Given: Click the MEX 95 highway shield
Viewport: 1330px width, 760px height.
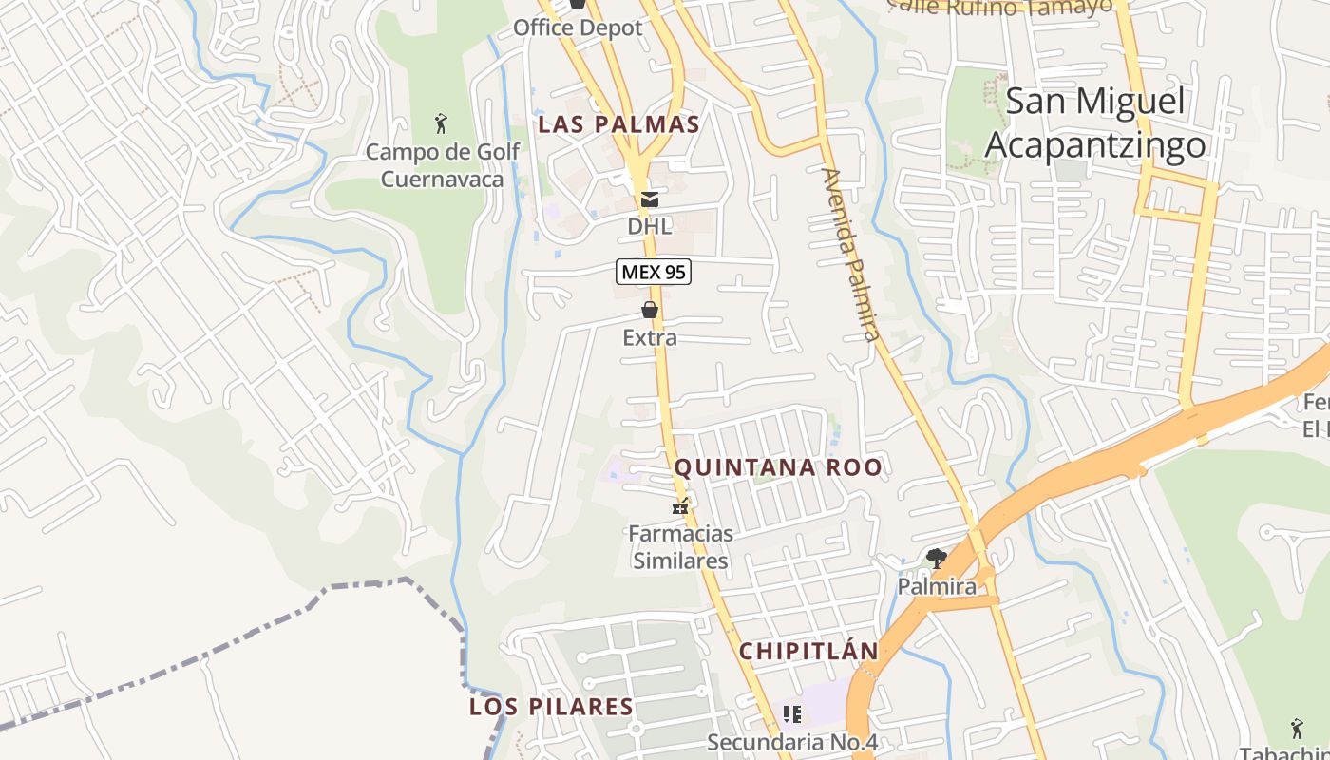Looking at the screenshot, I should (x=654, y=273).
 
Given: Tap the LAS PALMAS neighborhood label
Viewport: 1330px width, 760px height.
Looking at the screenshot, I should (x=619, y=124).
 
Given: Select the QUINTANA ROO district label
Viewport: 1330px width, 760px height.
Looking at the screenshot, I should (x=778, y=467).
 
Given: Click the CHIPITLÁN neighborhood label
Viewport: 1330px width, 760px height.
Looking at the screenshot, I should (x=808, y=652).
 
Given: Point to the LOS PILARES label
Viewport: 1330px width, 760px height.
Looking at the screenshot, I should (x=551, y=707).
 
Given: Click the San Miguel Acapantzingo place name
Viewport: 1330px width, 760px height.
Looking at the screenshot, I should (x=1095, y=123).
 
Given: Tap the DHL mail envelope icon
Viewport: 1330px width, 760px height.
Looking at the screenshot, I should (x=650, y=199).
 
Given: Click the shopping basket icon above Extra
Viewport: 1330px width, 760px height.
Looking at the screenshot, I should (x=650, y=310).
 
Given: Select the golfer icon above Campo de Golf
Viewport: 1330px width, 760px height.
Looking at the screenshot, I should (x=441, y=123).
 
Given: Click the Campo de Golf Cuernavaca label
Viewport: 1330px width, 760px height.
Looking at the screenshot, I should (x=443, y=165).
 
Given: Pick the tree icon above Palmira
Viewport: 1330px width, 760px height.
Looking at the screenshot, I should (x=937, y=558).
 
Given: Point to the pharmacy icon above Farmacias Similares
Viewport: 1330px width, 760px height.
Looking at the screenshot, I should (x=680, y=505).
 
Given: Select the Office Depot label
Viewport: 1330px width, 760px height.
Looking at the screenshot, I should (x=578, y=28).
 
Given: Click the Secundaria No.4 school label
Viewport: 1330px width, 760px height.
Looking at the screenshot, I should (x=791, y=742).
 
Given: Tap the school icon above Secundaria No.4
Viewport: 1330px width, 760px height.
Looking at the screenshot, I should (x=791, y=713).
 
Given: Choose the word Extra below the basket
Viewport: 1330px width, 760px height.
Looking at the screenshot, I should (x=650, y=338).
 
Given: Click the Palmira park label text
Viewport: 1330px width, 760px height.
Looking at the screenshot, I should (x=937, y=587).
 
